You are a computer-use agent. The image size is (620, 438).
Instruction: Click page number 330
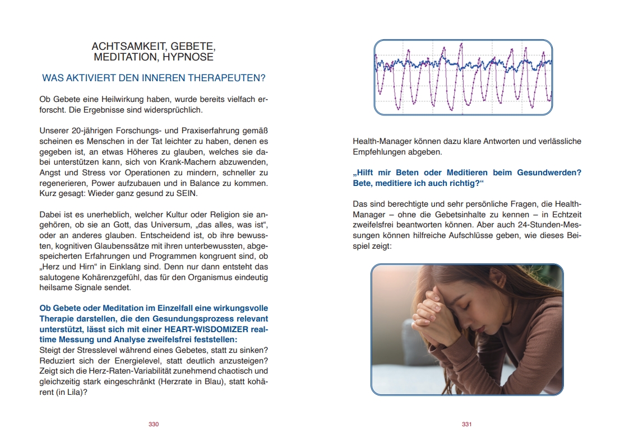[154, 424]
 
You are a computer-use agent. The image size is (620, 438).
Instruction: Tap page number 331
[466, 424]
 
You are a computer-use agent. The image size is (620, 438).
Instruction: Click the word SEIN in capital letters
[186, 193]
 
